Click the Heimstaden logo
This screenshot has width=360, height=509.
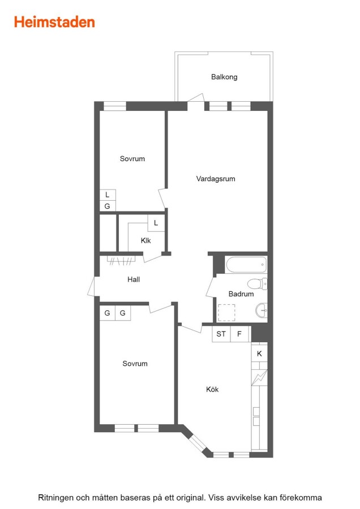(x=54, y=22)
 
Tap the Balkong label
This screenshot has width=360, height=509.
(x=224, y=77)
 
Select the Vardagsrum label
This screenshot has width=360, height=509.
(x=216, y=179)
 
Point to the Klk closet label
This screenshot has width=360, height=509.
(x=146, y=240)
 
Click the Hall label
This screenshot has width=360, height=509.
(x=134, y=279)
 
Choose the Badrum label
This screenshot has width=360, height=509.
(x=241, y=294)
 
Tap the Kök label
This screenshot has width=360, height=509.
(x=212, y=389)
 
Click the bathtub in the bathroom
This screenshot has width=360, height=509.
(x=246, y=265)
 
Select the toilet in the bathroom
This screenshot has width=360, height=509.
(x=258, y=284)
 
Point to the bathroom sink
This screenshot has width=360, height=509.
(x=262, y=310)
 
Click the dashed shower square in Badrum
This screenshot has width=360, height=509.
(x=226, y=313)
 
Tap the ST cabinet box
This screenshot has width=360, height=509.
(x=221, y=334)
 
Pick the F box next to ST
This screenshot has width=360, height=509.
(x=239, y=334)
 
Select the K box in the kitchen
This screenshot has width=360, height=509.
(x=259, y=353)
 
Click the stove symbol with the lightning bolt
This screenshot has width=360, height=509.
(x=259, y=378)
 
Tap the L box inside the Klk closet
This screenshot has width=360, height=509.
(x=156, y=223)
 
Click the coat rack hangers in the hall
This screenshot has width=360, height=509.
(x=121, y=260)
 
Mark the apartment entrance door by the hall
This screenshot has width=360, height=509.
(x=91, y=286)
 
